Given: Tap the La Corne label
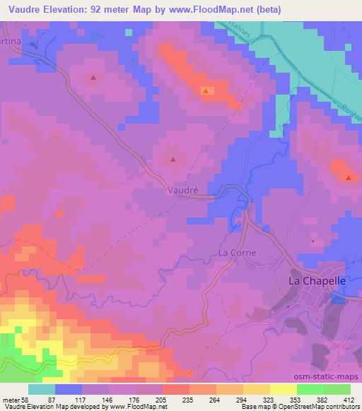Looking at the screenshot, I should (x=237, y=252).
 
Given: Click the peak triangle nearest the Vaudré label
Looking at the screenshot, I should (x=174, y=160).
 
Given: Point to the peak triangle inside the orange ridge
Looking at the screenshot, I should (x=206, y=91).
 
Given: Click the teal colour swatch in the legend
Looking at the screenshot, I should (x=42, y=389).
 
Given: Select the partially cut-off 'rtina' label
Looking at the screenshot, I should (x=11, y=43).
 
